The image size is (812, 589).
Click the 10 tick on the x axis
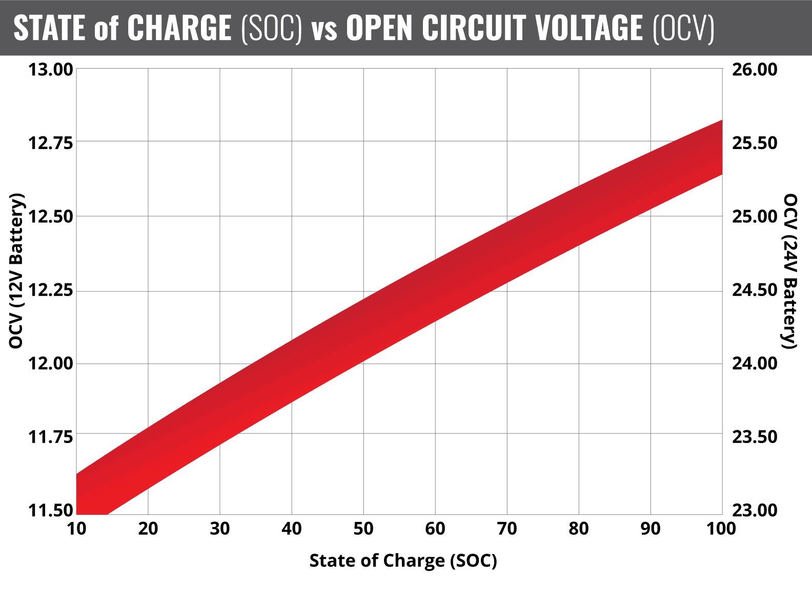pyautogui.click(x=76, y=528)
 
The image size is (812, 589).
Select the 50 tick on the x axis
pyautogui.click(x=363, y=528)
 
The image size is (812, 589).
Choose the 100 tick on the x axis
pyautogui.click(x=721, y=528)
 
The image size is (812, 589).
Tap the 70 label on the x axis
pyautogui.click(x=507, y=528)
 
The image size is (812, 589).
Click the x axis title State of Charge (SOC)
pyautogui.click(x=403, y=561)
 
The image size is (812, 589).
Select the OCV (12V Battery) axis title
pyautogui.click(x=17, y=271)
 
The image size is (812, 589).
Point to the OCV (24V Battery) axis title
pyautogui.click(x=791, y=271)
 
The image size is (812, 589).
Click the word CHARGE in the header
pyautogui.click(x=179, y=28)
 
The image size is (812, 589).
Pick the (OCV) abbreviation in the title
pyautogui.click(x=684, y=28)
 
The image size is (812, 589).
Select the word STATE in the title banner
pyautogui.click(x=49, y=28)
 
